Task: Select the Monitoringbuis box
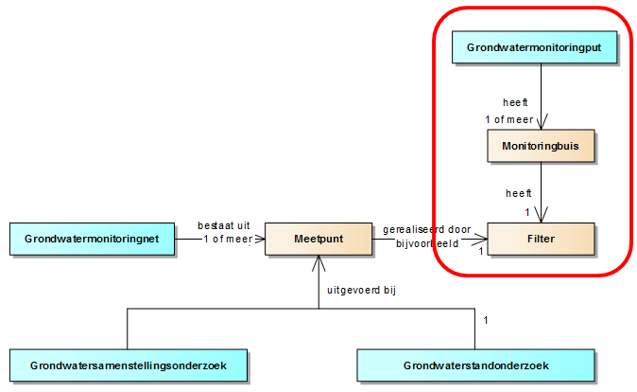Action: (540, 147)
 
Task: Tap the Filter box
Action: (541, 239)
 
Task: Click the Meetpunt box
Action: (318, 239)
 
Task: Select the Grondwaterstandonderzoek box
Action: (475, 365)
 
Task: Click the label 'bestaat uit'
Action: (224, 225)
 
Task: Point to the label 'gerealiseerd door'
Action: (426, 229)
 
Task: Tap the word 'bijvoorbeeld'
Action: (426, 243)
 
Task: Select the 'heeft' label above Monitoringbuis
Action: (516, 102)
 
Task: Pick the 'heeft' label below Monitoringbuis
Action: (519, 193)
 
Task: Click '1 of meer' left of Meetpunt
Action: (228, 240)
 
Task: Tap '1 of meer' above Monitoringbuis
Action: (509, 119)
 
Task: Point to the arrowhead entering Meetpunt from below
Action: (318, 261)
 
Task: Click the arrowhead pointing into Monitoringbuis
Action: (541, 124)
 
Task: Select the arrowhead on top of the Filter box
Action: (541, 217)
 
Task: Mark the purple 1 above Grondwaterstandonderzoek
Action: (486, 320)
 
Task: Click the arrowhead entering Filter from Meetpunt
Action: (481, 239)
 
